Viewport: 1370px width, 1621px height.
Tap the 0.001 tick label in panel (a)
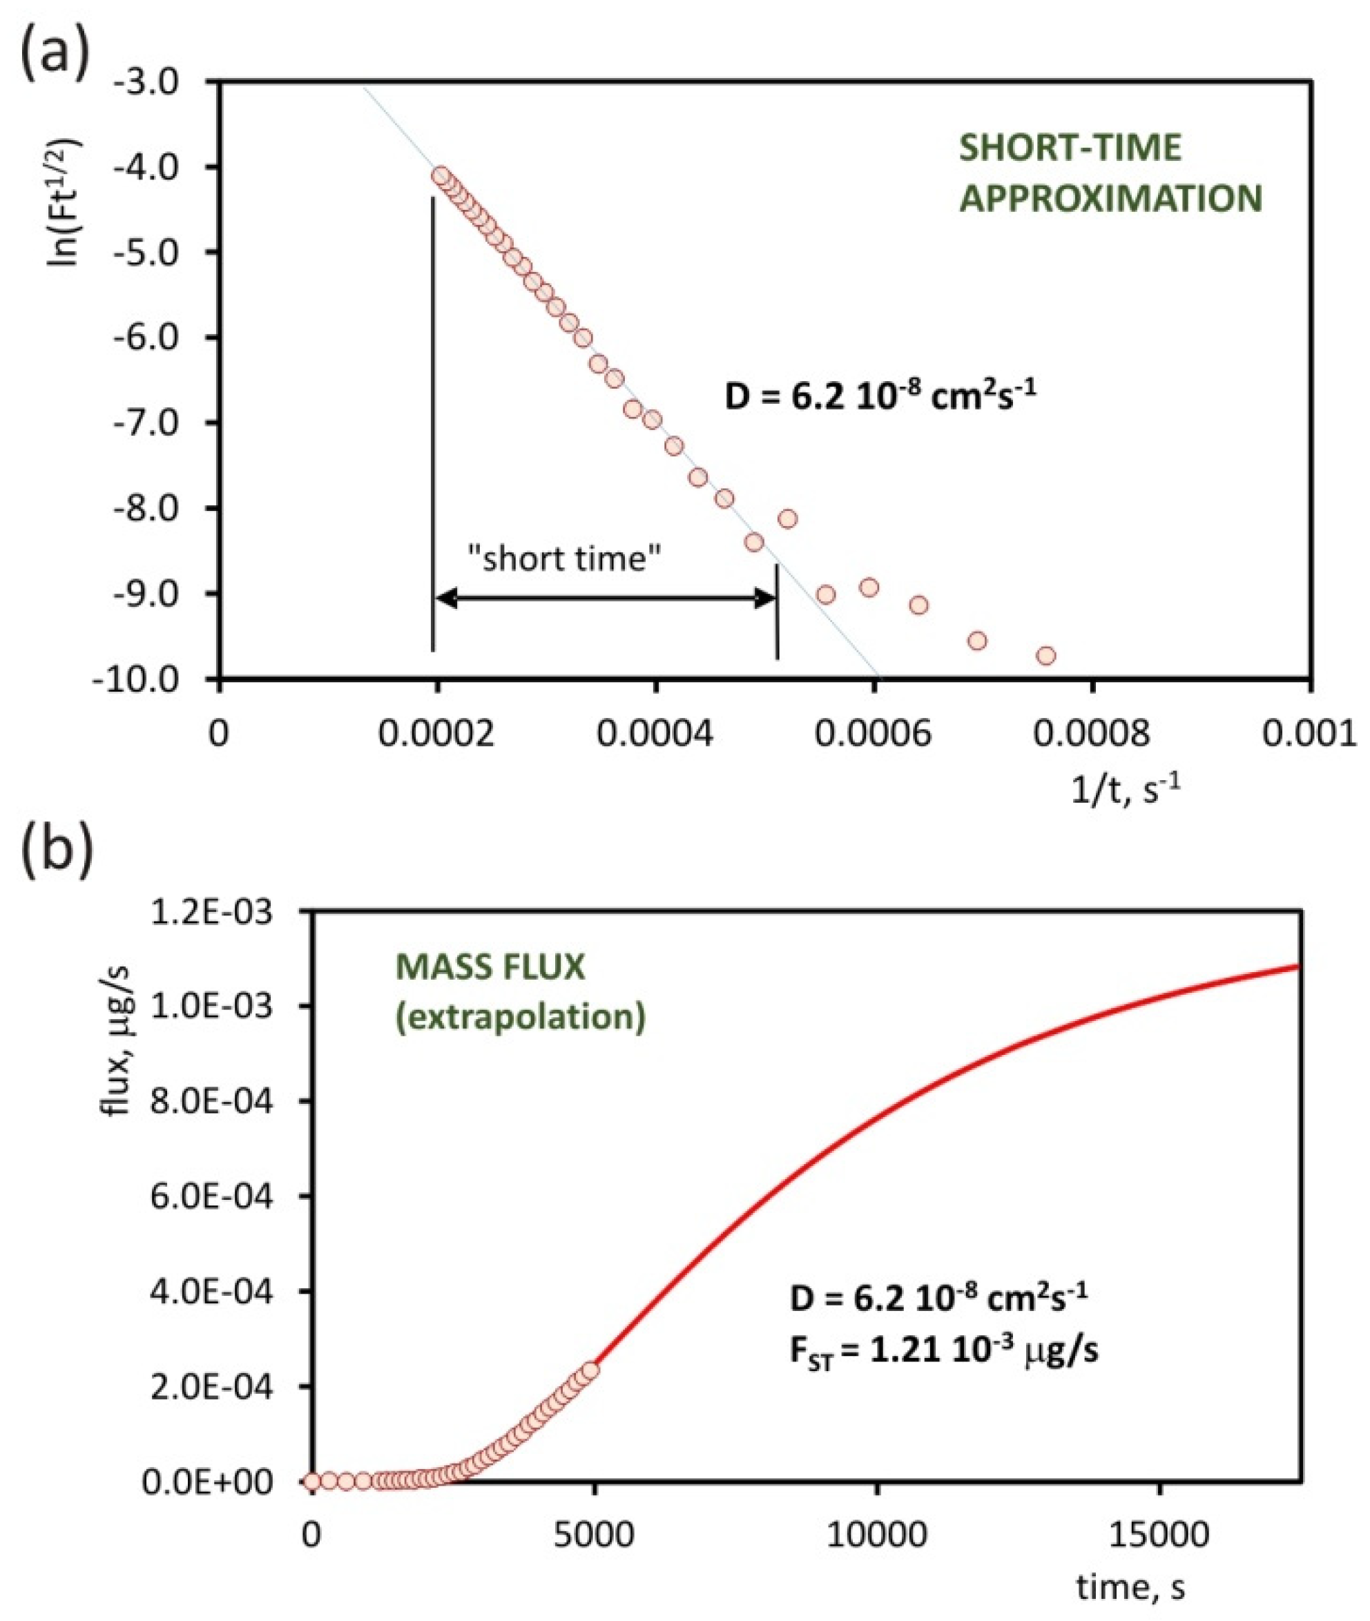[1313, 734]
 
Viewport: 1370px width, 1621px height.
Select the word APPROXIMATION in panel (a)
[1110, 200]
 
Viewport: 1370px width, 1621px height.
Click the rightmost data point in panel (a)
[1046, 655]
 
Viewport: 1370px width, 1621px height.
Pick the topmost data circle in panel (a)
[442, 175]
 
